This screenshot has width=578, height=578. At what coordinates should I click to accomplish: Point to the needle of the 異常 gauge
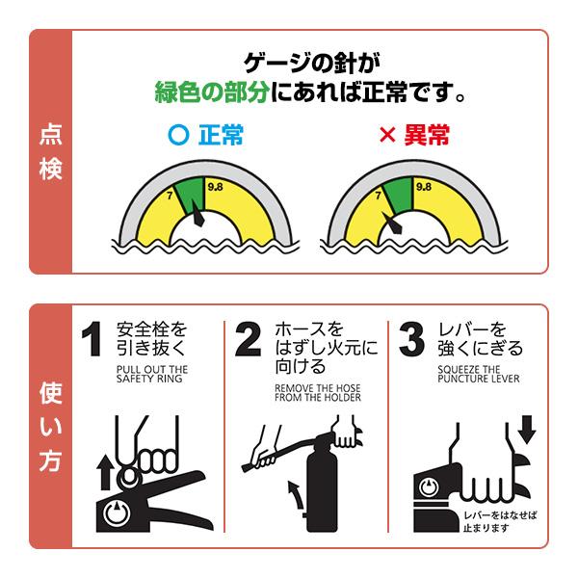[396, 227]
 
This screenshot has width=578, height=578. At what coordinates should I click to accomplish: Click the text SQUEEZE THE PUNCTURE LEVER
[478, 374]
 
